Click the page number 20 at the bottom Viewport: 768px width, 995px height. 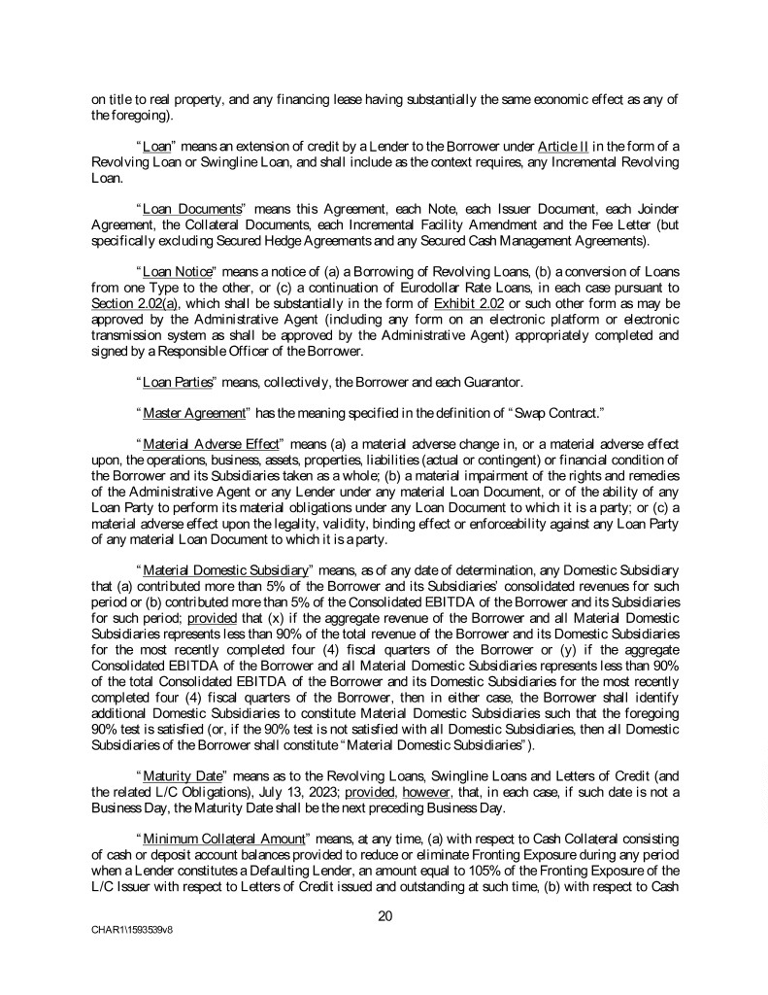(x=384, y=912)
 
